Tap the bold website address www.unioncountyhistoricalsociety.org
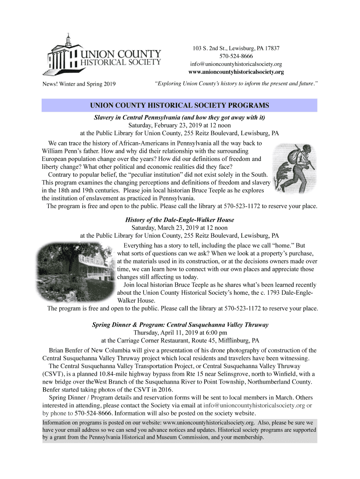(236, 72)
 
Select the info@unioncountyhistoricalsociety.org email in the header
(236, 64)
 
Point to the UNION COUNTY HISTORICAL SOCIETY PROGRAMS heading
(180, 105)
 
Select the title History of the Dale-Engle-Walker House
(180, 219)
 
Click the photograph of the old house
(78, 271)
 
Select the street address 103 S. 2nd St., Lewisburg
(220, 49)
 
